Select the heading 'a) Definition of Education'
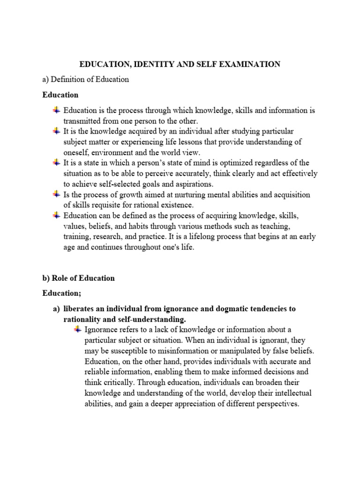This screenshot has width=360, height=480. tap(86, 79)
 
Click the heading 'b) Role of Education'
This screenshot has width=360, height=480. tap(79, 278)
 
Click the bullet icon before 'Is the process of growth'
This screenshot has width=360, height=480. tap(56, 194)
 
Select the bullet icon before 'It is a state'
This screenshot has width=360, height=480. tap(56, 162)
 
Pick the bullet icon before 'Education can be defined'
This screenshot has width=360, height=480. tap(56, 215)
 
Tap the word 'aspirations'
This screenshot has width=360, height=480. tap(192, 184)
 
